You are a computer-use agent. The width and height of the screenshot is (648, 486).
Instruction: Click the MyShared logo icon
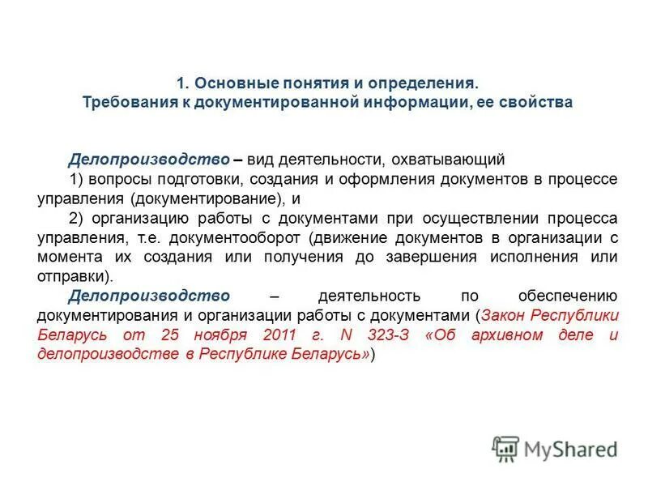[x=505, y=448]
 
